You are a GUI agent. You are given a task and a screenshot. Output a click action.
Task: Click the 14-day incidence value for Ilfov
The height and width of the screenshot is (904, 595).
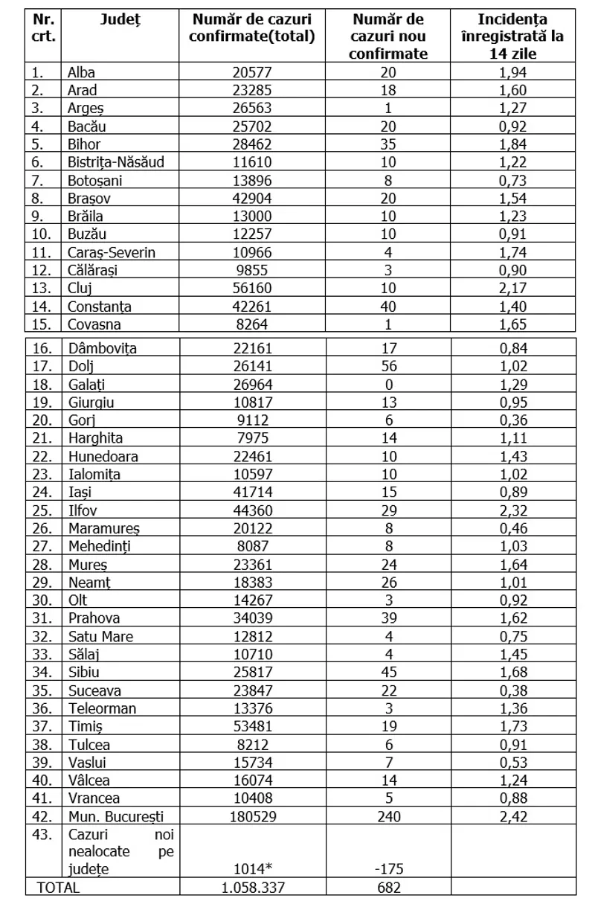515,510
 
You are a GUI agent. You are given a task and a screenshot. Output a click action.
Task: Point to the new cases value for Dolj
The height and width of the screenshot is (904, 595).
388,366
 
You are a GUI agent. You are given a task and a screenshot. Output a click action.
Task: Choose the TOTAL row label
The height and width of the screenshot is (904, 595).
58,887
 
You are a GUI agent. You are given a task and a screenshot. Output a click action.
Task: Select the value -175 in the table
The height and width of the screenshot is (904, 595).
388,869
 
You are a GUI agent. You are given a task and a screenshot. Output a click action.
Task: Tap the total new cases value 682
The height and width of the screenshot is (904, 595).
388,887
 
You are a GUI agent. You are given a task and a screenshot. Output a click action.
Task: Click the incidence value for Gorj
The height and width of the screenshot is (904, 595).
515,420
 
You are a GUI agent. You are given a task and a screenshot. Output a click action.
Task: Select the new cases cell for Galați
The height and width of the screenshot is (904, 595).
388,384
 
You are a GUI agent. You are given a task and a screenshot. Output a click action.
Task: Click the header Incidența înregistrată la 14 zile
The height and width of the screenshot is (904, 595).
515,36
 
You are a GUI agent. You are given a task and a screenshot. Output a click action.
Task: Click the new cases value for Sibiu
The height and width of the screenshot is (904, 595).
388,672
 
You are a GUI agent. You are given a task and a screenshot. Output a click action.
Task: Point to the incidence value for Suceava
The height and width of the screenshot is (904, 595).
515,690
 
